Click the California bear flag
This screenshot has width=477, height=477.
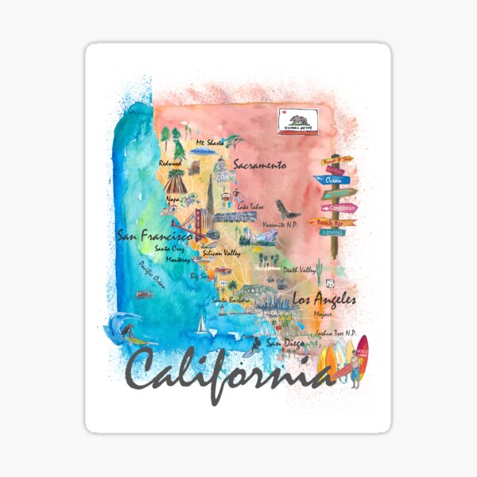[298, 120]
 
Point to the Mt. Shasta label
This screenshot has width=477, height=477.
[211, 142]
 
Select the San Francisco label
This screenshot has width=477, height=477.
[155, 236]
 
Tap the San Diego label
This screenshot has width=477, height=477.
[284, 343]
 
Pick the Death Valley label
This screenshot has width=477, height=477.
[299, 270]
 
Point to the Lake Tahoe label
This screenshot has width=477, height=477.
[250, 207]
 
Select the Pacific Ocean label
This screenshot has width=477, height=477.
[151, 274]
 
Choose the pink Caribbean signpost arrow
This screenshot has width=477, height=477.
[339, 207]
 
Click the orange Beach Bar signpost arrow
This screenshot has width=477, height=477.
[333, 222]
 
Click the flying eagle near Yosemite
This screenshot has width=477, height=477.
[293, 213]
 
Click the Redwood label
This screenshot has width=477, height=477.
[170, 163]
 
